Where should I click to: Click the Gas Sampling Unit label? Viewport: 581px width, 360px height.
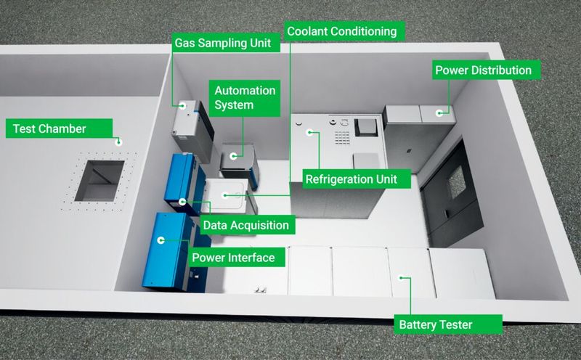tap(222, 43)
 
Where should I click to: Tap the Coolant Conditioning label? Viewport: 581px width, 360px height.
tap(342, 31)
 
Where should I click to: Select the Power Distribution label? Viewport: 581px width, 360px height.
tap(482, 70)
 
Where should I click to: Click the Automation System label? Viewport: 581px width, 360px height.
tap(244, 97)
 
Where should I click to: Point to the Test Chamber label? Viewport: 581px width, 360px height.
tap(49, 129)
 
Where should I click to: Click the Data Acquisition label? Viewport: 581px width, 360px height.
tap(245, 225)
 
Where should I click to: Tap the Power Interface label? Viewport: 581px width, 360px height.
tap(232, 258)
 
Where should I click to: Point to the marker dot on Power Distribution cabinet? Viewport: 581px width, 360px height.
tap(440, 112)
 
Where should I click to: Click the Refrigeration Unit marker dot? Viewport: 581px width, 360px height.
tap(309, 132)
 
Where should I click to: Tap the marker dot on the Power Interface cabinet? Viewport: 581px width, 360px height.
tap(162, 239)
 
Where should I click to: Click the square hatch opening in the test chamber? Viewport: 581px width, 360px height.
tap(98, 180)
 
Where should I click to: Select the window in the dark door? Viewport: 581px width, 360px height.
tap(456, 179)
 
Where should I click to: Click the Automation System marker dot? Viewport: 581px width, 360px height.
tap(233, 155)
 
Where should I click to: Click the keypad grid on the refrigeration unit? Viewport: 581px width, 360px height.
tap(340, 135)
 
